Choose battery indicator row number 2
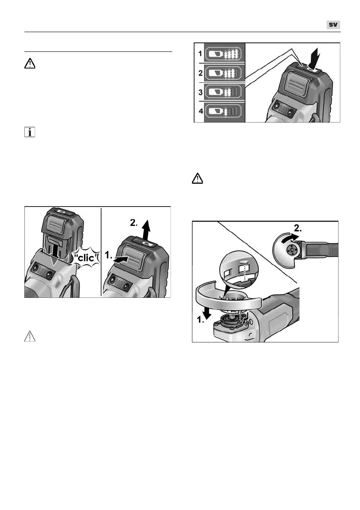click(224, 73)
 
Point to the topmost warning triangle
click(30, 64)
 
